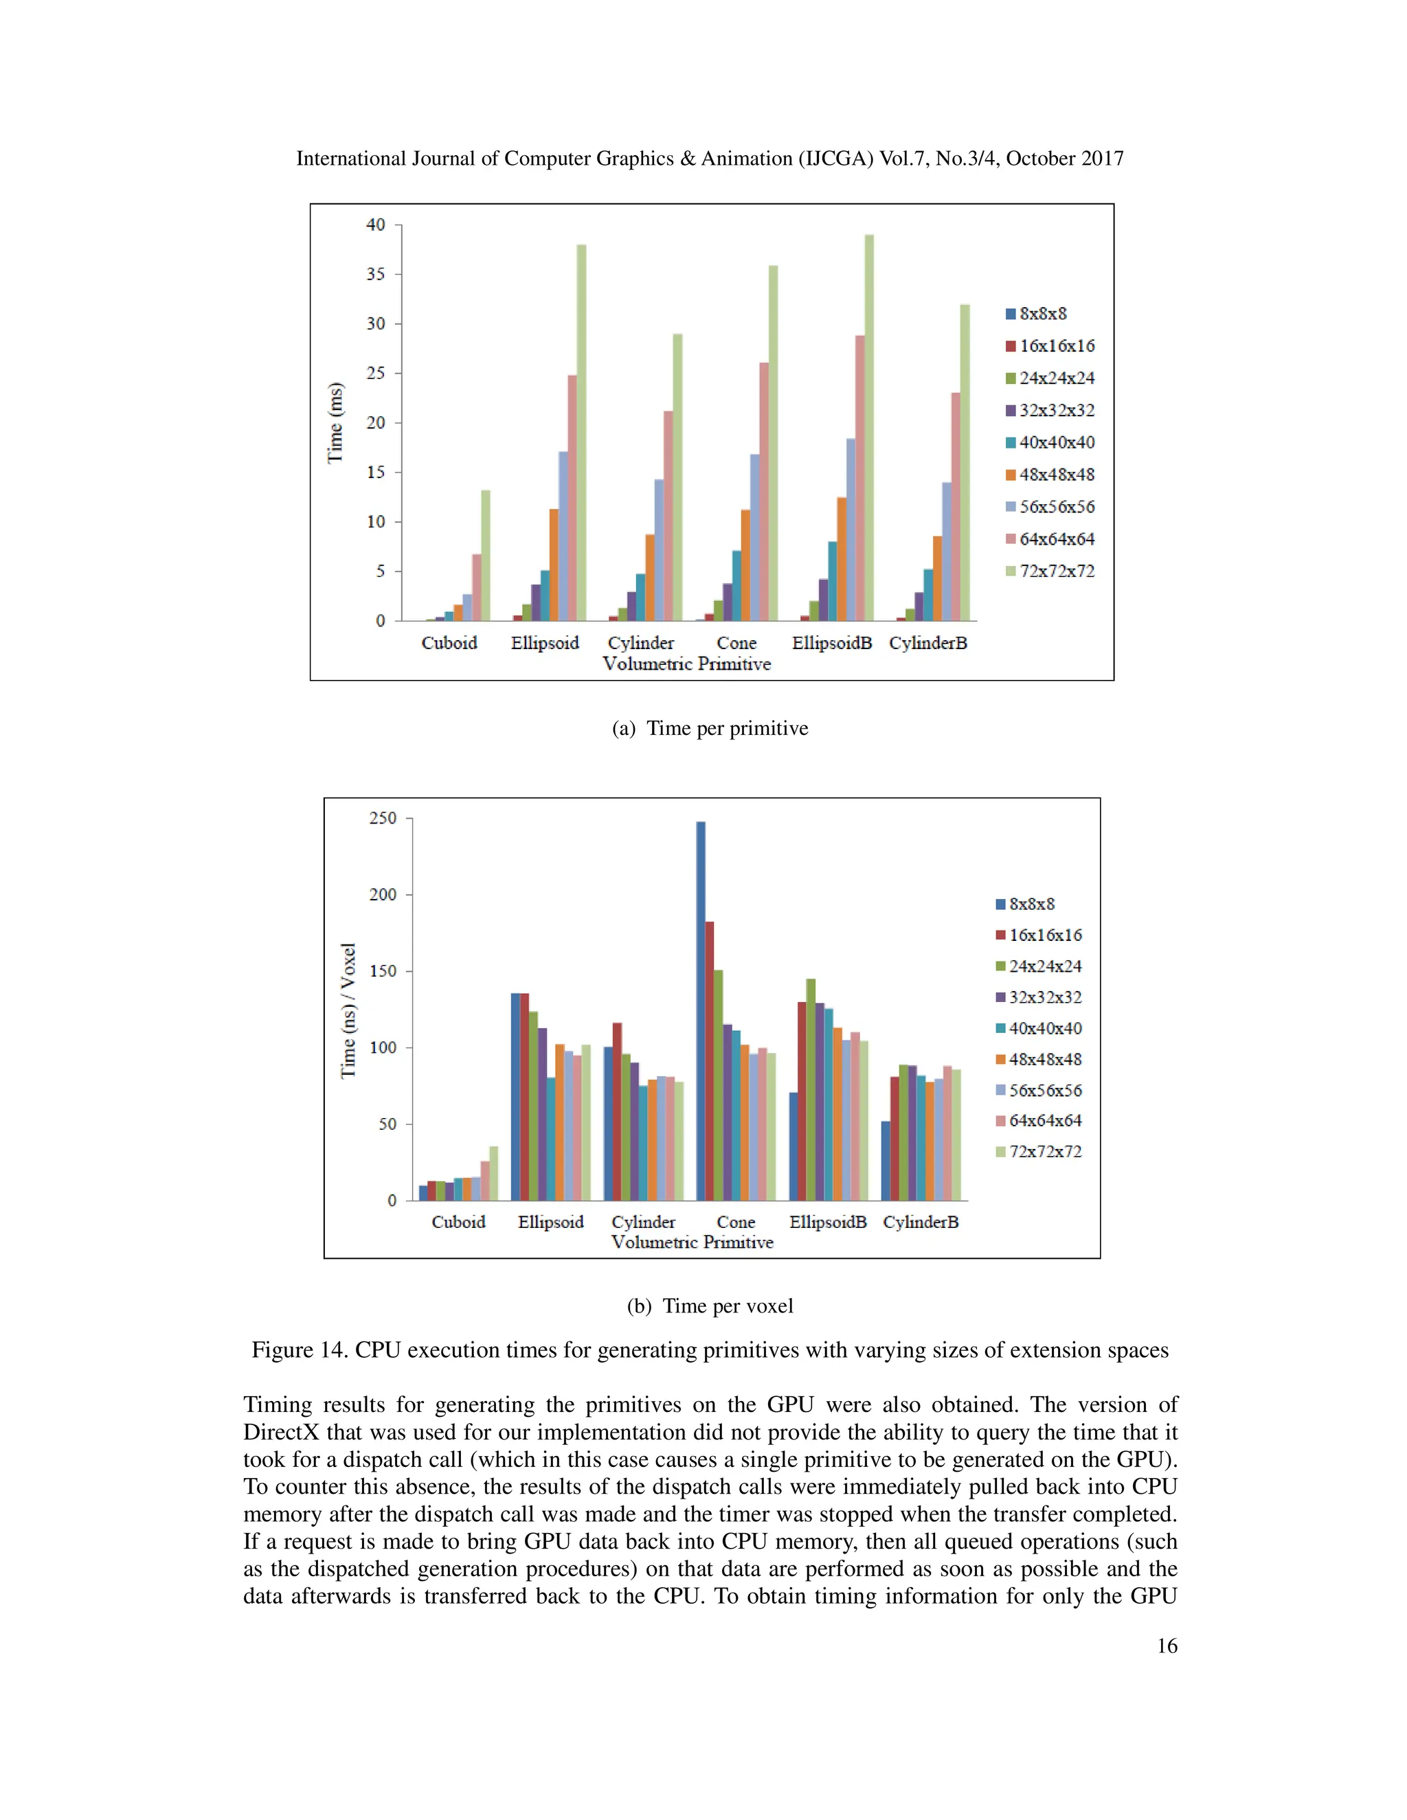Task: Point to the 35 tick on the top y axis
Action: click(376, 274)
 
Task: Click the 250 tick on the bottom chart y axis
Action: click(383, 819)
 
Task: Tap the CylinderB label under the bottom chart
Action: click(920, 1222)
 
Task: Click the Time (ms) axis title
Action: click(335, 422)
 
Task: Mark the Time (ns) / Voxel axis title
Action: click(348, 1010)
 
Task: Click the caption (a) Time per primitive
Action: click(709, 728)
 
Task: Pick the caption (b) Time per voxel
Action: click(709, 1306)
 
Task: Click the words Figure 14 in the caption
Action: click(298, 1350)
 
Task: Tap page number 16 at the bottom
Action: click(1167, 1645)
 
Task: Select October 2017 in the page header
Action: click(1064, 159)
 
